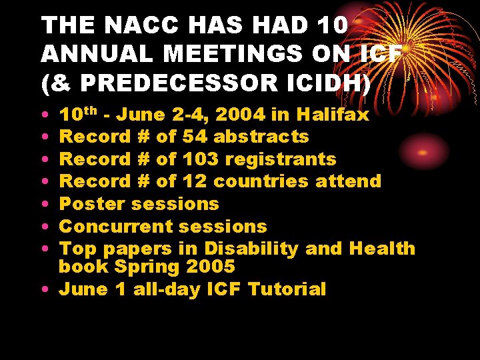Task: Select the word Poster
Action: pos(93,204)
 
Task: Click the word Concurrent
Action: pos(117,227)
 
